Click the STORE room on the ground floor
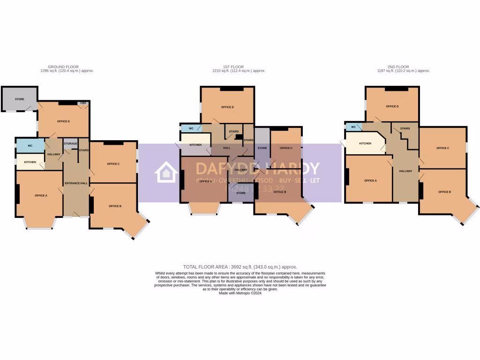(x=19, y=99)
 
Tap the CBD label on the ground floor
(x=83, y=103)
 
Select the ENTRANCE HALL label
(x=76, y=183)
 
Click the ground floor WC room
(x=30, y=146)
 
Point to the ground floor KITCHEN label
(x=30, y=162)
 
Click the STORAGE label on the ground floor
(x=70, y=143)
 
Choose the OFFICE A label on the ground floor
(x=41, y=195)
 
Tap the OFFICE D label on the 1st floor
(x=227, y=107)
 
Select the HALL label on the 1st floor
(x=227, y=148)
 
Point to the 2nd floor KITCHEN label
(x=365, y=143)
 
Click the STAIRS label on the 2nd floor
(x=405, y=128)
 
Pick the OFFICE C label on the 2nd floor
(x=442, y=148)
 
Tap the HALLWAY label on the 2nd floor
(x=405, y=171)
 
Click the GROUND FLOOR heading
(x=63, y=67)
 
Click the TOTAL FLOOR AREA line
(x=240, y=267)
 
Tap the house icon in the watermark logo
(x=166, y=172)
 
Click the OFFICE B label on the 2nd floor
(x=444, y=192)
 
